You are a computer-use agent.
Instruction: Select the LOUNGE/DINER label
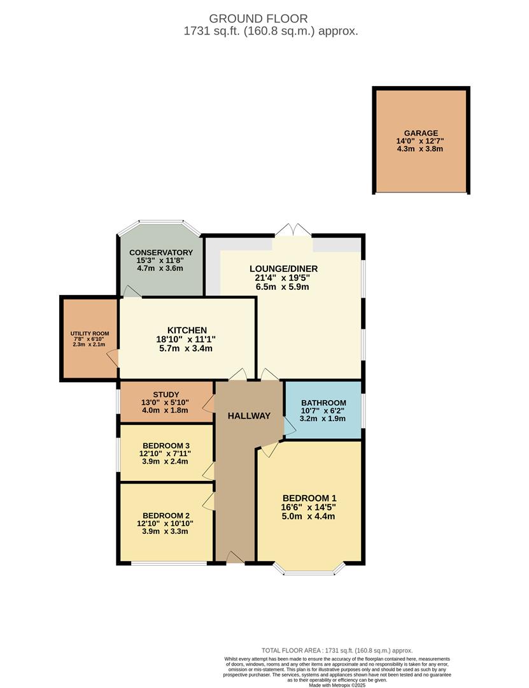(x=283, y=269)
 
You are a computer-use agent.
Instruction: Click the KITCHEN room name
(x=187, y=330)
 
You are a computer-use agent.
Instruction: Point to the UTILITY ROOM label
(x=90, y=333)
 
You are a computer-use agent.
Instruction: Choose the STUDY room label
(x=166, y=394)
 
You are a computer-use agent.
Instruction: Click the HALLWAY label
(x=250, y=416)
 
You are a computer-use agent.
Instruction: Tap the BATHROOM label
(x=323, y=403)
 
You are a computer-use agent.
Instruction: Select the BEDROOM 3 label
(x=166, y=445)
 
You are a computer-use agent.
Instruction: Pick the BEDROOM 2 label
(x=166, y=515)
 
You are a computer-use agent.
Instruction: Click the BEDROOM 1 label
(x=309, y=498)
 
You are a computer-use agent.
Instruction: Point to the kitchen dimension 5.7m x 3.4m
(x=187, y=348)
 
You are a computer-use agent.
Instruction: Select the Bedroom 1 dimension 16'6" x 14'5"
(x=309, y=507)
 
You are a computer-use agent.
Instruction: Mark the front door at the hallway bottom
(x=235, y=559)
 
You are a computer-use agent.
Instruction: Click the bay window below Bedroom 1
(x=309, y=571)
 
